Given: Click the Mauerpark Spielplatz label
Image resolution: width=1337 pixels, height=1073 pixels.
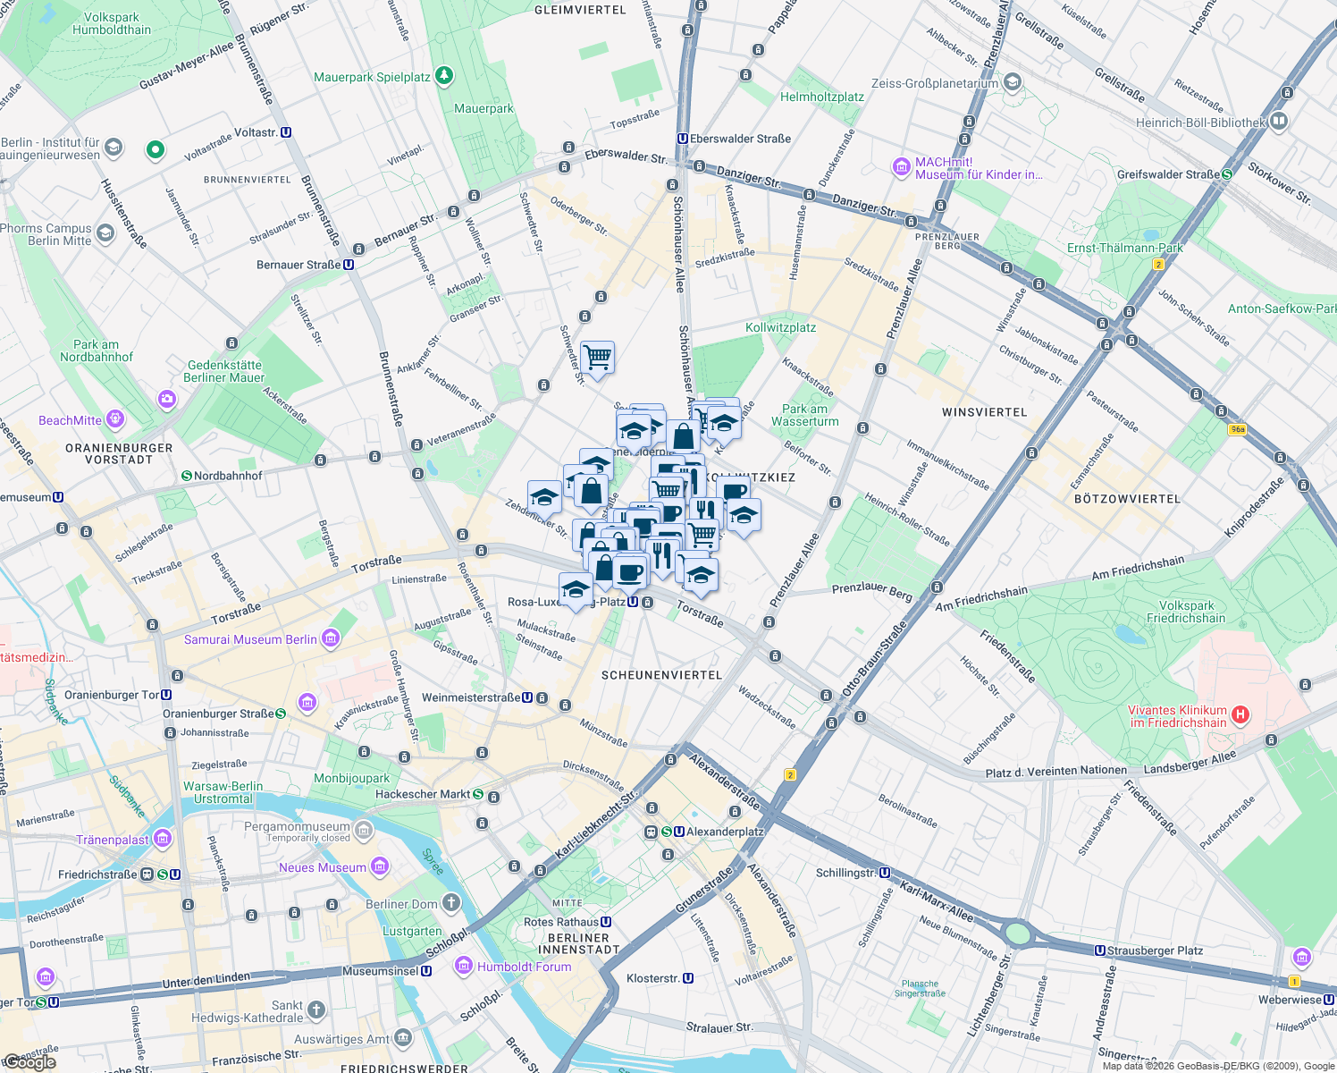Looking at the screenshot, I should pyautogui.click(x=372, y=77).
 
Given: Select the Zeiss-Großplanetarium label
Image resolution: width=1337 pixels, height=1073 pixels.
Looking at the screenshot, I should pyautogui.click(x=934, y=83).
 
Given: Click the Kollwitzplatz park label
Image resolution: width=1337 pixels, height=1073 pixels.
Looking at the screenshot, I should pyautogui.click(x=780, y=327).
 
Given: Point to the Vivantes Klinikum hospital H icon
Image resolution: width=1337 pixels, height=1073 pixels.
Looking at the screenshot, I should pyautogui.click(x=1240, y=714).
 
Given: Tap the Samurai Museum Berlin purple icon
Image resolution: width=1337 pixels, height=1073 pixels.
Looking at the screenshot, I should pyautogui.click(x=331, y=638).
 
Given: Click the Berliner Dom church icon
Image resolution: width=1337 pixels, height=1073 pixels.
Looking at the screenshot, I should pyautogui.click(x=451, y=902).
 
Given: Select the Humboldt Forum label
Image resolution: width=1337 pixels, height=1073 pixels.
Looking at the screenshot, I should pyautogui.click(x=524, y=967).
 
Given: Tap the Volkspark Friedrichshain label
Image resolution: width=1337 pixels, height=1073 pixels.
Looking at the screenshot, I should pyautogui.click(x=1186, y=612).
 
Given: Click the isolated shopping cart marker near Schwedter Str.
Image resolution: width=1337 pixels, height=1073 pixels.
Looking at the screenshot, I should pyautogui.click(x=597, y=358).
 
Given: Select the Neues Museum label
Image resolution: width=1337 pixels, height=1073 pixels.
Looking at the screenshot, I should pyautogui.click(x=322, y=867).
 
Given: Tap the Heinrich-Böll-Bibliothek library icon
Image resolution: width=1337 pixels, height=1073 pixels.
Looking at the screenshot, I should pyautogui.click(x=1279, y=121).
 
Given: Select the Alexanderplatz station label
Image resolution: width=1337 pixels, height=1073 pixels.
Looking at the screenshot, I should pyautogui.click(x=725, y=832).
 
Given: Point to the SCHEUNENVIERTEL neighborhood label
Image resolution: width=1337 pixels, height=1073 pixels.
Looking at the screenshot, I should pyautogui.click(x=661, y=675).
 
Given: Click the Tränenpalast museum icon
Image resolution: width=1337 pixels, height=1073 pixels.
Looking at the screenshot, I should pyautogui.click(x=163, y=839).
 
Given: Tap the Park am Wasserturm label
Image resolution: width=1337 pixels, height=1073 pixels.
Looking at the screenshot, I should pyautogui.click(x=804, y=415).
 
